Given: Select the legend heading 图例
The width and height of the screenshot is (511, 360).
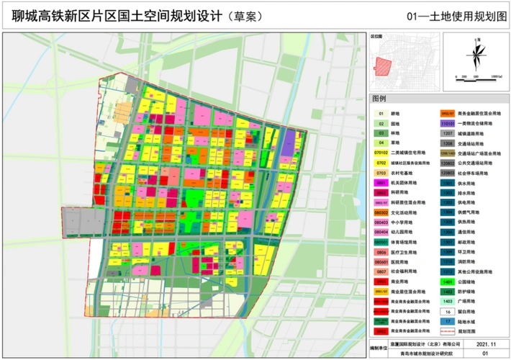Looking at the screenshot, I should pyautogui.click(x=379, y=98).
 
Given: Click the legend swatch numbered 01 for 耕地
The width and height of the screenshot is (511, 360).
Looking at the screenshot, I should pyautogui.click(x=381, y=113).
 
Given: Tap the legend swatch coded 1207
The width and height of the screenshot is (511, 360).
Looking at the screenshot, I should pyautogui.click(x=446, y=133).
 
